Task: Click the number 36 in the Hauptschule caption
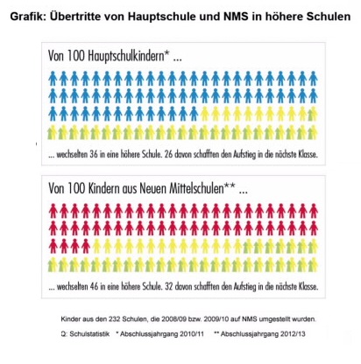click(94, 154)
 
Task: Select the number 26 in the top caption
click(169, 154)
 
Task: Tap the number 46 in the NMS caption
click(94, 287)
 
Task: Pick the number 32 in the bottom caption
click(169, 287)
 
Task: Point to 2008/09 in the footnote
click(172, 319)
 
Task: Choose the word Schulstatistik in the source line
click(89, 333)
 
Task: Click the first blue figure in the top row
click(53, 79)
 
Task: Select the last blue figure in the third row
click(194, 114)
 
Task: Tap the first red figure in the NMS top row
click(53, 211)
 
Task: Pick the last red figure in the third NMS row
click(86, 246)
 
